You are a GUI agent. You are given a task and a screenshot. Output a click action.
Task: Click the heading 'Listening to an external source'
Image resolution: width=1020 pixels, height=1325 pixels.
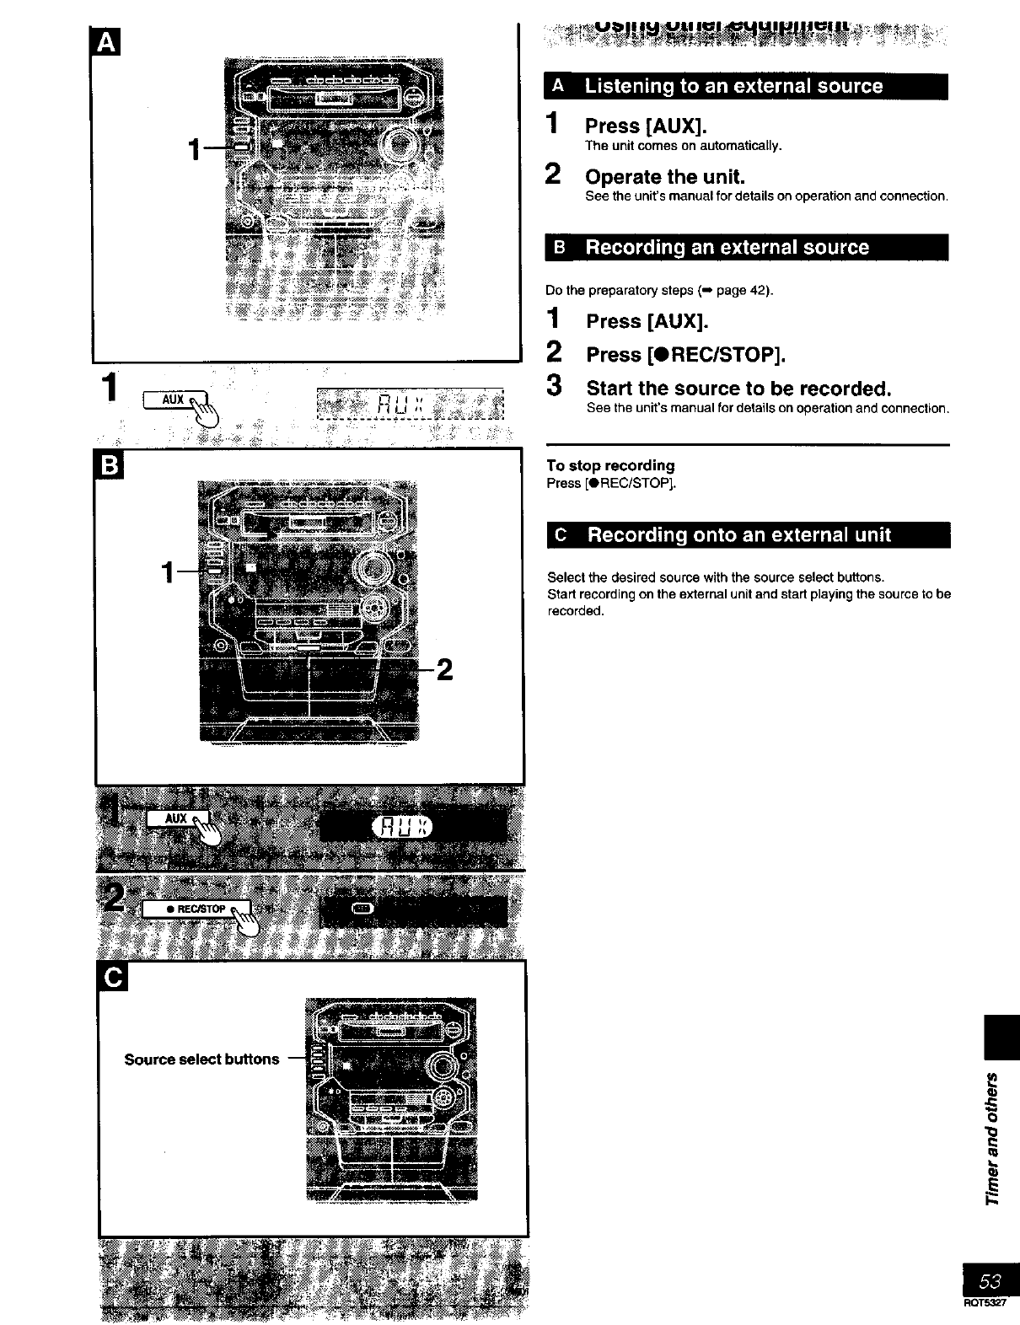coord(733,86)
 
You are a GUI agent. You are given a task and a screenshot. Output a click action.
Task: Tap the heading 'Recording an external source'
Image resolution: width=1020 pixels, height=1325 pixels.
coord(727,248)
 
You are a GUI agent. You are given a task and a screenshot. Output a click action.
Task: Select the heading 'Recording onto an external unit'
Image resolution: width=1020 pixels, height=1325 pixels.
coord(738,535)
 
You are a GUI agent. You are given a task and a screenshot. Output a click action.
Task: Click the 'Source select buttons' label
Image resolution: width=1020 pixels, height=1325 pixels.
coord(201,1059)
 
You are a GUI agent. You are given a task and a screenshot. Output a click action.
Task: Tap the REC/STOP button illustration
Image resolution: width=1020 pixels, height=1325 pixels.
coord(196,909)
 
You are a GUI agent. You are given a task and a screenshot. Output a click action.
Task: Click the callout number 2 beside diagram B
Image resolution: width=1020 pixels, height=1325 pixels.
coord(444,670)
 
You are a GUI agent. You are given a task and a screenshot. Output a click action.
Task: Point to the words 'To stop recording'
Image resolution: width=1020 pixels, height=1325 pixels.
coord(610,465)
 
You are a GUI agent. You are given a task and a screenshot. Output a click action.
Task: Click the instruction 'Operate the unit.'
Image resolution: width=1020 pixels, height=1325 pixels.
coord(665,177)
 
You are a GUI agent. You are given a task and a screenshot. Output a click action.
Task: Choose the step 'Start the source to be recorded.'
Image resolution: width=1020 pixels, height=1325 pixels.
coord(738,389)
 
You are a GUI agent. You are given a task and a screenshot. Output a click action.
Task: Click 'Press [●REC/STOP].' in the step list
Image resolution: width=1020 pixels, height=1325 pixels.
coord(685,355)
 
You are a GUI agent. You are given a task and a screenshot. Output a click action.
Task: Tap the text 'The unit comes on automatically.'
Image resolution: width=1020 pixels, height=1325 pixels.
coord(684,146)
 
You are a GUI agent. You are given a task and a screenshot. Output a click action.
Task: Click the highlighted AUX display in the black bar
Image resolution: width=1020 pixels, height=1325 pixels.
coord(400,827)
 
